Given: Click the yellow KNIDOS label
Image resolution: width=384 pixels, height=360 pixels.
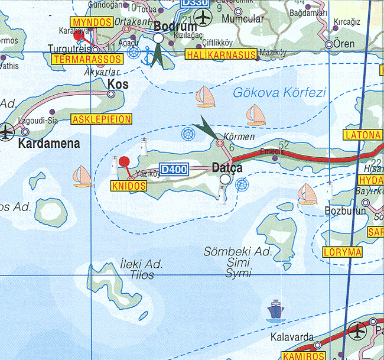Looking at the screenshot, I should click(128, 186).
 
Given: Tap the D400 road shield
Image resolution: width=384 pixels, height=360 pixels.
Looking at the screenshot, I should click(174, 170).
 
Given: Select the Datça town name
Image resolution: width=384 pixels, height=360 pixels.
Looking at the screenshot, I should click(227, 168).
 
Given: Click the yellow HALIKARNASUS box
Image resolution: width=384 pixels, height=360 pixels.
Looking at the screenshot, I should click(220, 55).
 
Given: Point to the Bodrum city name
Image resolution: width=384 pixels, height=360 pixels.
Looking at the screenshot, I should click(173, 26).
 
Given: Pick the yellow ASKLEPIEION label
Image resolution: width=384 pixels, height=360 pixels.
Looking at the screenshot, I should click(101, 119).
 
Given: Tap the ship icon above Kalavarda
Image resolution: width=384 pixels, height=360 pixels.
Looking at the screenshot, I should click(275, 309).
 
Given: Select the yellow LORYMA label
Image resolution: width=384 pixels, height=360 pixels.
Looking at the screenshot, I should click(343, 252).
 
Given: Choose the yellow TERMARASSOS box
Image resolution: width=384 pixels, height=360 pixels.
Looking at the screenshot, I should click(87, 59).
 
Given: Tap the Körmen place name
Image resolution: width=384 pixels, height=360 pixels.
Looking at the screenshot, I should click(240, 137).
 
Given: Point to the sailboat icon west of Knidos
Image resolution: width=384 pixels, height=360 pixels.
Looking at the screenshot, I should click(82, 176).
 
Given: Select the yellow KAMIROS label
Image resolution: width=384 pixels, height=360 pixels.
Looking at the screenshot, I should click(304, 356).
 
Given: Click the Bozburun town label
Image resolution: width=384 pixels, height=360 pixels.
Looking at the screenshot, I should click(346, 210).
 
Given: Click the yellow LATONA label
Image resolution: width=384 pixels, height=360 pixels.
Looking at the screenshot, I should click(362, 135).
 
